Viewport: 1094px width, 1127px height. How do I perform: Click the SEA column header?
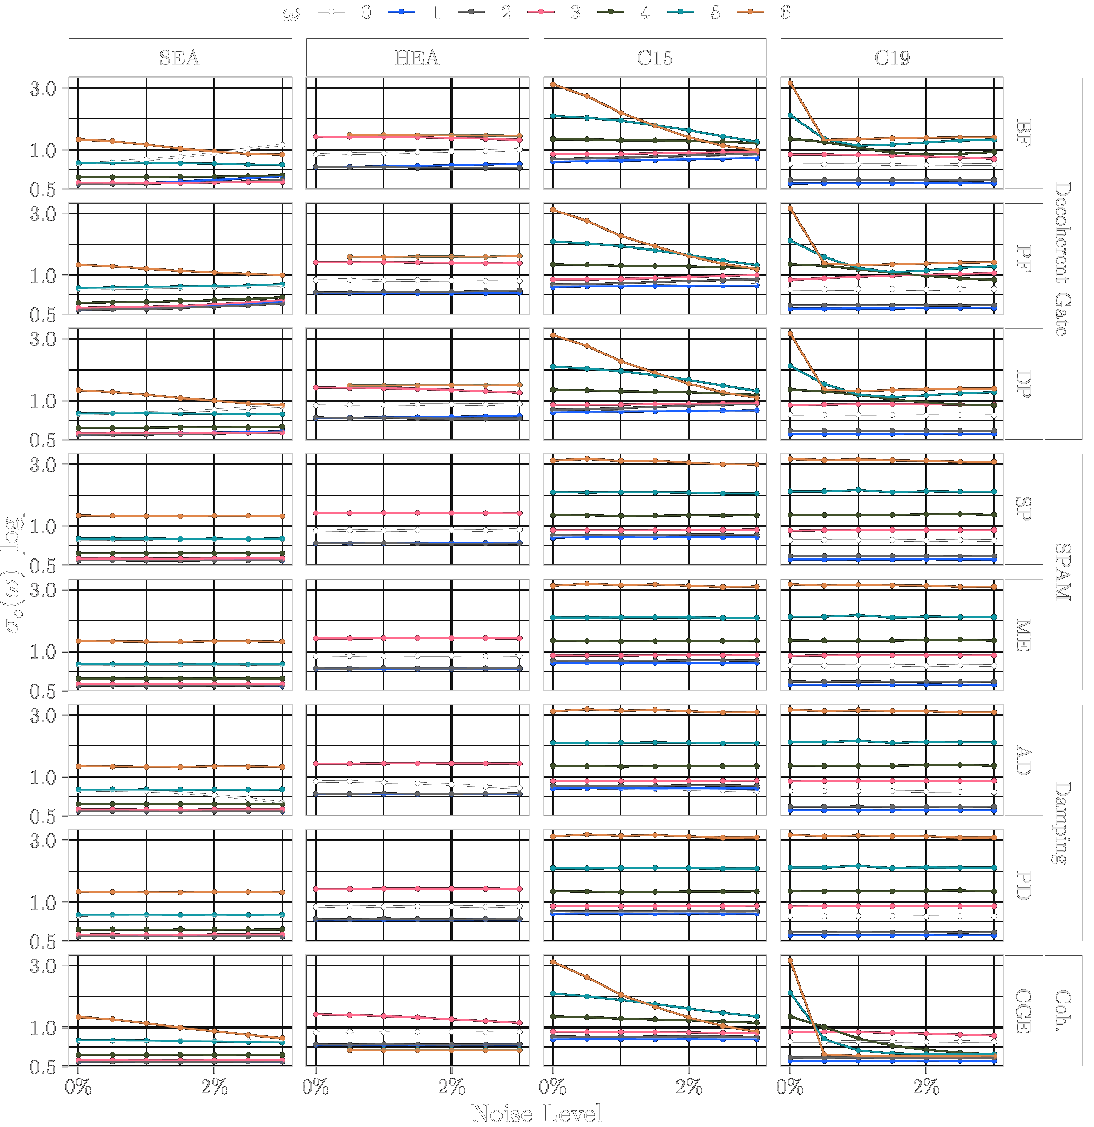(180, 57)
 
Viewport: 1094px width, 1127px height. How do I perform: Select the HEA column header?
(417, 57)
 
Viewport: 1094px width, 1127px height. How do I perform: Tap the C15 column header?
(655, 57)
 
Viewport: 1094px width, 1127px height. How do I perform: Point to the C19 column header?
(892, 57)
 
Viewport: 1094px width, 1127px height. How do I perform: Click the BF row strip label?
(1023, 133)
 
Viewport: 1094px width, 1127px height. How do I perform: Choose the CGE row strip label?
(1023, 1011)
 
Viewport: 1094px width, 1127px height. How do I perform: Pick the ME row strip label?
(1023, 635)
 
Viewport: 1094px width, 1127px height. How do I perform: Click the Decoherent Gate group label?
(1063, 259)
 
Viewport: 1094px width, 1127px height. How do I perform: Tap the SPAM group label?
(1063, 572)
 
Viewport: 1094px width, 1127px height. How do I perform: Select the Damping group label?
(1063, 823)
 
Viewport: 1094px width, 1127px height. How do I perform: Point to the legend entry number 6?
(785, 12)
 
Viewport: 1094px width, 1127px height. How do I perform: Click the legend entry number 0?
(366, 12)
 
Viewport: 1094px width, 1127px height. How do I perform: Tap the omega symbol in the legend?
(292, 13)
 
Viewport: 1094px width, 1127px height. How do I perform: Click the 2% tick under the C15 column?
(689, 1087)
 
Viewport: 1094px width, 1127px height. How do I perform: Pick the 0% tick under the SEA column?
(78, 1087)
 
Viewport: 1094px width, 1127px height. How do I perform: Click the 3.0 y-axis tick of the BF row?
(43, 88)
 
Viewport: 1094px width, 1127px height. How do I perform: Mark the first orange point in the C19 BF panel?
(790, 83)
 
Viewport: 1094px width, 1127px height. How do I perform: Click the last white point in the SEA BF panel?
(282, 145)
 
